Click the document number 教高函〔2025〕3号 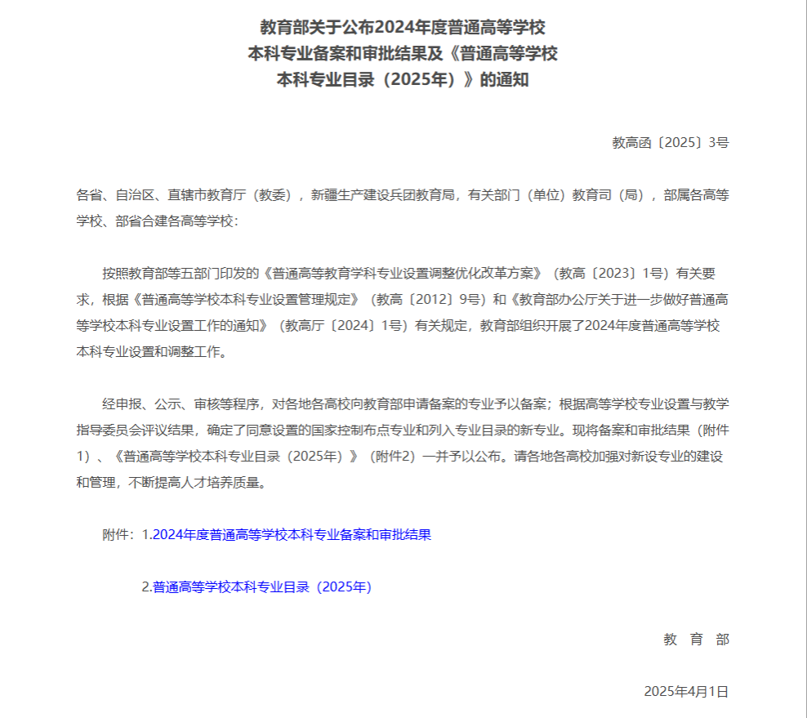(670, 142)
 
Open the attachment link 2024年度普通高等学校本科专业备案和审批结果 (292, 535)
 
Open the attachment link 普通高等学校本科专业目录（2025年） (261, 586)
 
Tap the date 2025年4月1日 (685, 691)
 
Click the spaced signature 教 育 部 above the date (696, 640)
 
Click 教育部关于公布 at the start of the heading (306, 28)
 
